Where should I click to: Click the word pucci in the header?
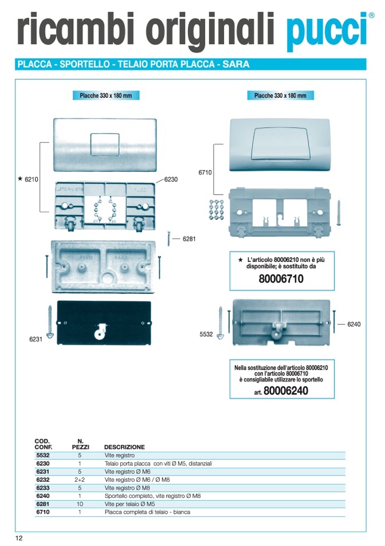pos(325,30)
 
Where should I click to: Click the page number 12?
pos(19,537)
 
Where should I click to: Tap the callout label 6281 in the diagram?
pos(189,238)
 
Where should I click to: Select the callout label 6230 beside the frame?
pos(171,179)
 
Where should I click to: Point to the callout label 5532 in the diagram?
pos(206,334)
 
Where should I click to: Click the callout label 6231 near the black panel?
pos(36,340)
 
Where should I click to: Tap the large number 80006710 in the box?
pos(281,280)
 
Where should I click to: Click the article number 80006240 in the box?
pos(286,391)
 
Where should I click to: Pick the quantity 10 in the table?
pos(80,504)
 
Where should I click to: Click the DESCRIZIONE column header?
pos(124,447)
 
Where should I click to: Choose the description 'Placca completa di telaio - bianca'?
pos(147,512)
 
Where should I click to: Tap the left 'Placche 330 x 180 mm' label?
pos(106,96)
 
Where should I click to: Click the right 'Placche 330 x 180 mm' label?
pos(280,96)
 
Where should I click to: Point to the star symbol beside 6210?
pos(20,179)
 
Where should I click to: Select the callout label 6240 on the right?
pos(354,324)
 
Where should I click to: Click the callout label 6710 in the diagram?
pos(205,172)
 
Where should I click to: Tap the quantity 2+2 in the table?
pos(80,480)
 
